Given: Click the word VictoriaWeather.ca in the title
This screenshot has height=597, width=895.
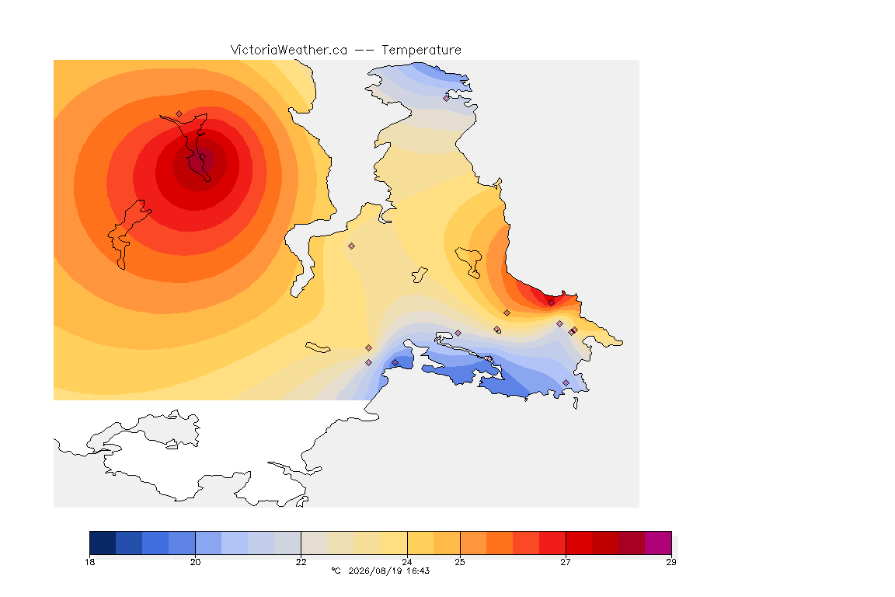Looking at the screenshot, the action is click(289, 51).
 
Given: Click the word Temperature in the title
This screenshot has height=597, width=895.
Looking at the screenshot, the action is click(421, 51).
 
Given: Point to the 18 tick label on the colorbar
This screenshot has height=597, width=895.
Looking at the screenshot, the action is click(89, 562).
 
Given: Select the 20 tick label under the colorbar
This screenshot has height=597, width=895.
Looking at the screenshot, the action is click(195, 562).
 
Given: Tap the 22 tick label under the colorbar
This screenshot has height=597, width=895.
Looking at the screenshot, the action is click(301, 562).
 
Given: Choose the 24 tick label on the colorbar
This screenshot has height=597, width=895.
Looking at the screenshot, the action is click(407, 562).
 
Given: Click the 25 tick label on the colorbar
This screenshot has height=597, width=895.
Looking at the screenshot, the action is click(459, 562).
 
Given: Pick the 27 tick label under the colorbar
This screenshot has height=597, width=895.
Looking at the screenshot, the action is click(565, 562).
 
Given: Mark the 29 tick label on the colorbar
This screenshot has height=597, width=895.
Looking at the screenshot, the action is click(671, 562).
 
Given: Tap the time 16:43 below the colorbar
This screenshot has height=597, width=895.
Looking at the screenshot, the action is click(418, 571).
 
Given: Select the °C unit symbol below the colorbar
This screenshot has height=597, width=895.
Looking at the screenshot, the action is click(336, 571).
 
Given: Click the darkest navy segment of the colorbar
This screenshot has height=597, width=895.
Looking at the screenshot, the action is click(103, 543).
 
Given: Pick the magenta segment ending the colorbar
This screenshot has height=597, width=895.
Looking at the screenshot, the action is click(658, 543).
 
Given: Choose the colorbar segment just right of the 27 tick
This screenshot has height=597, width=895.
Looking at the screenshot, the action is click(579, 543).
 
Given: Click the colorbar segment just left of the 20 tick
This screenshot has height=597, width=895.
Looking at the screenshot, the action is click(182, 543).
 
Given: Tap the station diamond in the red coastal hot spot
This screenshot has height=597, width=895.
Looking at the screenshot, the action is click(551, 303).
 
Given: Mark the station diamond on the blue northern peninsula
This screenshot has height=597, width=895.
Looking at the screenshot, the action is click(447, 98).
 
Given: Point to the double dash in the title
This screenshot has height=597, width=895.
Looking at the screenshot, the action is click(364, 51).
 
